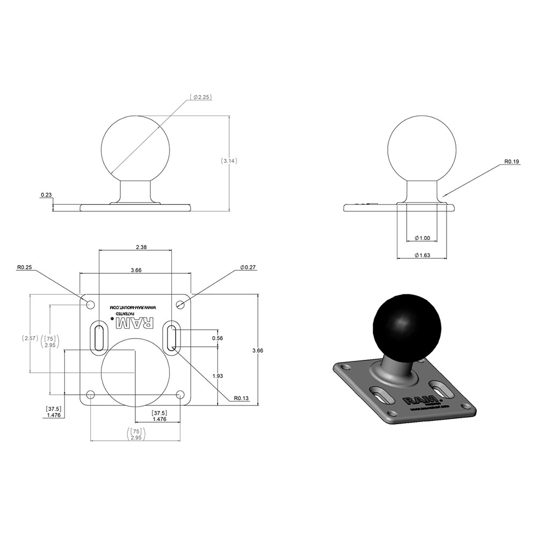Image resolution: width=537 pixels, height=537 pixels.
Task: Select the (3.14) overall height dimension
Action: (x=229, y=161)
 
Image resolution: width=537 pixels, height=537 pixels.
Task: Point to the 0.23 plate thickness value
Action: (x=46, y=195)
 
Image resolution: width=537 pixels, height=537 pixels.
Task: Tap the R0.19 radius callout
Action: (x=512, y=161)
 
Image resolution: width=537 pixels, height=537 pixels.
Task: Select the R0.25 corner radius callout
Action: (x=24, y=267)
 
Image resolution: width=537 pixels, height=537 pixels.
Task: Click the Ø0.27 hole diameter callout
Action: (x=248, y=267)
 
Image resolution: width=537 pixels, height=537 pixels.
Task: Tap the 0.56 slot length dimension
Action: (x=217, y=338)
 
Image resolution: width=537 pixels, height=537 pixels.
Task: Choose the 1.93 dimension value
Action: (x=217, y=376)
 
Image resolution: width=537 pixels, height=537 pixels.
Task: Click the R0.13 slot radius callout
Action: (x=241, y=398)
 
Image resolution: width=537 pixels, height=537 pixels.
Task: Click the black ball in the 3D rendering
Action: (x=406, y=325)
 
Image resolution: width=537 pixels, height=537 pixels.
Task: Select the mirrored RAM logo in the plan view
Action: (x=135, y=323)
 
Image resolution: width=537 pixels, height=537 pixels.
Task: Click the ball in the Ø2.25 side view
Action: (x=135, y=148)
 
